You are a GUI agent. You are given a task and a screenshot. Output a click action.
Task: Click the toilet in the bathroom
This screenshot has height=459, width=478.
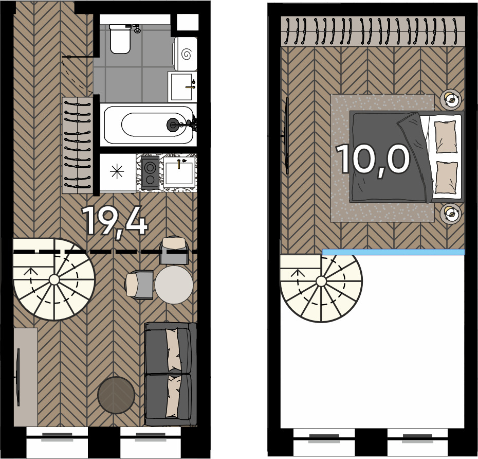point(120,39)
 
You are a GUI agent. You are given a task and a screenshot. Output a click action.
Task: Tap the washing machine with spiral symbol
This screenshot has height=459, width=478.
point(186,54)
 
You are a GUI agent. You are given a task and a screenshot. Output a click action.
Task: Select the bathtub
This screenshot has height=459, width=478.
point(149,125)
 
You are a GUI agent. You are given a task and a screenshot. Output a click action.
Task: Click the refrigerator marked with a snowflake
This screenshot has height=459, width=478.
point(118,172)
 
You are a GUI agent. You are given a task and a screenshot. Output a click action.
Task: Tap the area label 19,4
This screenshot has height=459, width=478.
point(115,221)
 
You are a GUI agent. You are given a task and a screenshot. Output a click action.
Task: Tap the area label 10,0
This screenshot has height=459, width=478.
point(373,160)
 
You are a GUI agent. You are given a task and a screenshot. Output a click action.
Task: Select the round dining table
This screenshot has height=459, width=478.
point(174,285)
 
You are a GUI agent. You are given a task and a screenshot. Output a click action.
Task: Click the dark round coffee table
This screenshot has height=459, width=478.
point(116,395)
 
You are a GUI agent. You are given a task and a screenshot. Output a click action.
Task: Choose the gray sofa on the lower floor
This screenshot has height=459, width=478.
point(171,374)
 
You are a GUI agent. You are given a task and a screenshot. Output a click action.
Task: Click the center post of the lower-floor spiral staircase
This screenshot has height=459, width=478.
point(54,279)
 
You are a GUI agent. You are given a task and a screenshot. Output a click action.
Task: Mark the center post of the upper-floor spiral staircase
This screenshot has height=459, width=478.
point(321,281)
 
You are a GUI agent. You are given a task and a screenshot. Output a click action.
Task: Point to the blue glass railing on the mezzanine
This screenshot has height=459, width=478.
point(393,252)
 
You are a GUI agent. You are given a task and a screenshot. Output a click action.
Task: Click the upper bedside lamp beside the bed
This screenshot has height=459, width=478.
point(451,99)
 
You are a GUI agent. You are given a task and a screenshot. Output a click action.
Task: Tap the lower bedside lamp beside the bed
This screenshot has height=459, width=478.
point(451,213)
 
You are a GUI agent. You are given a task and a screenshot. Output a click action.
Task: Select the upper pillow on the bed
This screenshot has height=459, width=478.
point(446,136)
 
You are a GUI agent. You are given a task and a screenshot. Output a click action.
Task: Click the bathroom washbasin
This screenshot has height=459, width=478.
point(182,86)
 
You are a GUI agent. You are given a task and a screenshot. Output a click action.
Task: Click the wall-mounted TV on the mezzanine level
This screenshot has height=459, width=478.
point(287,136)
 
